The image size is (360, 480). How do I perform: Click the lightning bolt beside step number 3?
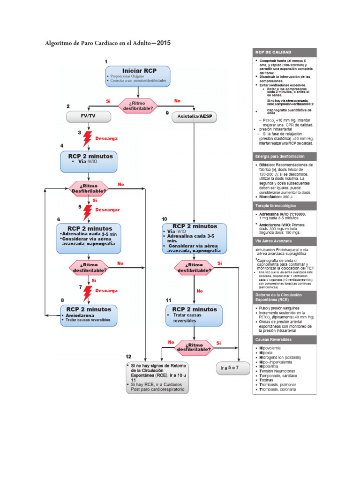tap(87, 139)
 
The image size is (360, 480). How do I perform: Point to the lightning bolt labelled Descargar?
tap(88, 212)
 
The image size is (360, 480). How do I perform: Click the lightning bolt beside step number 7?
tap(87, 293)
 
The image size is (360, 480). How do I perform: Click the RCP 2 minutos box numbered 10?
tap(194, 238)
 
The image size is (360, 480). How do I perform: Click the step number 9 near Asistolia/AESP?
tap(167, 113)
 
